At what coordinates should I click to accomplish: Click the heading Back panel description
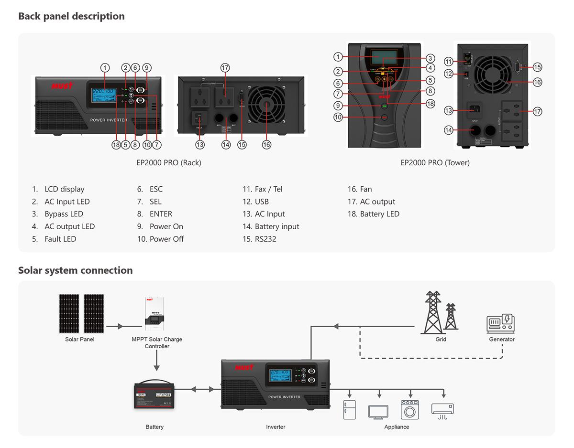tap(71, 16)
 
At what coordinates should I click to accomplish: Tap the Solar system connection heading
tap(75, 270)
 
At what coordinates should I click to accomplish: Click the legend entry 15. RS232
tap(259, 239)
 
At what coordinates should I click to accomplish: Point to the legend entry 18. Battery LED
tap(373, 214)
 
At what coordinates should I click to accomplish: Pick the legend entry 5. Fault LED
tap(54, 239)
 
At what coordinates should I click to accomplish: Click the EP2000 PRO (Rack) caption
tap(168, 162)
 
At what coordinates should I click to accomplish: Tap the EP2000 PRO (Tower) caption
tap(435, 162)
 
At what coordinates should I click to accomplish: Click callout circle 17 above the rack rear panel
tap(225, 68)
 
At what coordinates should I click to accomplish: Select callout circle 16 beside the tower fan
tap(537, 82)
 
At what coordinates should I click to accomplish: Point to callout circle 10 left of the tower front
tap(338, 117)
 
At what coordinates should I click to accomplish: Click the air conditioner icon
tap(442, 409)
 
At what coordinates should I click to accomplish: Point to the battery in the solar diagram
tap(154, 395)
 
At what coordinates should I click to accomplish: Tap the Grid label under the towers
tap(441, 339)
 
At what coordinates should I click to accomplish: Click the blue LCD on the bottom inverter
tap(280, 375)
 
